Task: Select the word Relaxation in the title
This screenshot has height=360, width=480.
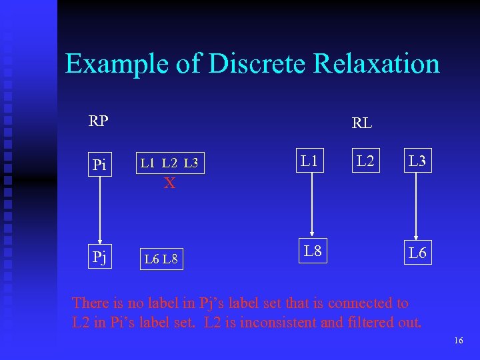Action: (377, 64)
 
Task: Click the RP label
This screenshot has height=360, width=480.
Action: (99, 121)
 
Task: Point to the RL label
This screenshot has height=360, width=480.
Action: (362, 123)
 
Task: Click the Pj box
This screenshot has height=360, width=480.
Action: (100, 256)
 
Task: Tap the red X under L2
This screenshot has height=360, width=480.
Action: (170, 183)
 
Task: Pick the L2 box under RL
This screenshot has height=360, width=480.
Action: (365, 161)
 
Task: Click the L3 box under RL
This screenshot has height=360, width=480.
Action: (417, 161)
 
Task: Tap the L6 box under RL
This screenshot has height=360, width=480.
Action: (417, 253)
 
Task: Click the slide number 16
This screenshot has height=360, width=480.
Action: (458, 341)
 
